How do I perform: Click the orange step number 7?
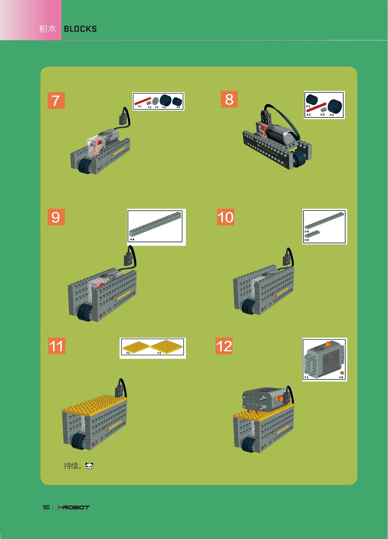coord(56,100)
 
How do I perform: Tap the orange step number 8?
coord(229,99)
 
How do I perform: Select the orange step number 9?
coord(56,217)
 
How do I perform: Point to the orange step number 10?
coord(226,217)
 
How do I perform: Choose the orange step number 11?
coord(57,346)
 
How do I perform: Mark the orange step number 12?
coord(224,346)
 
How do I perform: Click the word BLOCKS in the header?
coord(80,29)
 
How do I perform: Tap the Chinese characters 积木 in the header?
coord(48,29)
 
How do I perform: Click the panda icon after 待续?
coord(89,466)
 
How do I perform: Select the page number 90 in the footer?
coord(46,507)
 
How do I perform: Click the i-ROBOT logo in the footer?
coord(74,507)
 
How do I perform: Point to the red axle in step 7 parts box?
coord(143,101)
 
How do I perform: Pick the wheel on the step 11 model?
coord(78,440)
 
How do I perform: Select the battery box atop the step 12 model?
coord(264,399)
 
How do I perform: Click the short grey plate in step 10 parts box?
coord(312,233)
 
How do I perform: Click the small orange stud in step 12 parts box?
coord(342,373)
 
